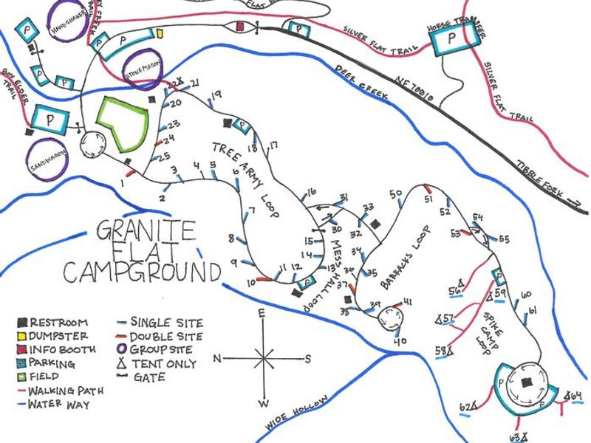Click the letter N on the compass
click(x=218, y=359)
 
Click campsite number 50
click(x=396, y=193)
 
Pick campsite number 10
click(x=251, y=281)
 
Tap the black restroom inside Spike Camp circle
click(x=525, y=382)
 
